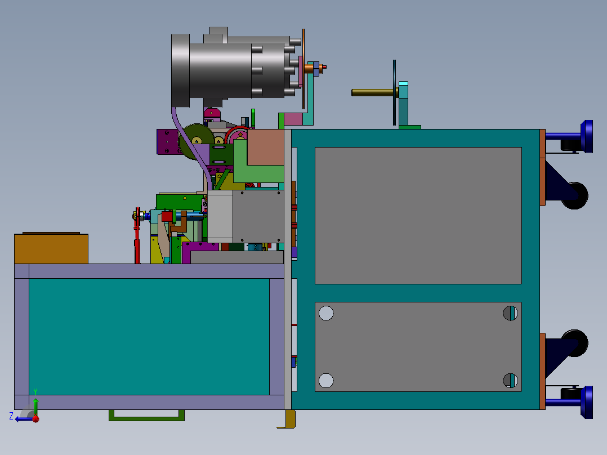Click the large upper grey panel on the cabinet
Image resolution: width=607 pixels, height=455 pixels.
(x=418, y=215)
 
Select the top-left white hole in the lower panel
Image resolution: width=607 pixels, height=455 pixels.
(x=326, y=313)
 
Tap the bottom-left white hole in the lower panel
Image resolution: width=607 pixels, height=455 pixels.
(x=326, y=381)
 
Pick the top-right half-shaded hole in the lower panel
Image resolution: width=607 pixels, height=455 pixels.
(x=510, y=313)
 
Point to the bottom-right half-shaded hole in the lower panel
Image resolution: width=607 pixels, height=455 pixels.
(x=510, y=381)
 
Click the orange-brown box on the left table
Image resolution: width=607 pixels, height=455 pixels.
(x=51, y=249)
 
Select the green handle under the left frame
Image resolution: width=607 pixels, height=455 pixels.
(x=146, y=416)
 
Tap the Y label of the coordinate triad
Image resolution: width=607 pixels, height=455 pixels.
(x=35, y=391)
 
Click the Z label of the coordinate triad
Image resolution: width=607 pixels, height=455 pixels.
(x=11, y=416)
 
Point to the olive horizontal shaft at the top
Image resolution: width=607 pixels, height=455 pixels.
(x=372, y=92)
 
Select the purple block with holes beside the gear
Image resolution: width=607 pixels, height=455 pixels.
(x=167, y=141)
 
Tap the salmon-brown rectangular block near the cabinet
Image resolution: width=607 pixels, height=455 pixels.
(x=265, y=148)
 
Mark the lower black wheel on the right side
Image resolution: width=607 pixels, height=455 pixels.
(x=574, y=343)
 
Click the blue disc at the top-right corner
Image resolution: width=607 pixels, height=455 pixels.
(x=587, y=136)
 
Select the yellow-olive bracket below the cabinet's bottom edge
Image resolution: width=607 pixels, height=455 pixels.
(x=290, y=420)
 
